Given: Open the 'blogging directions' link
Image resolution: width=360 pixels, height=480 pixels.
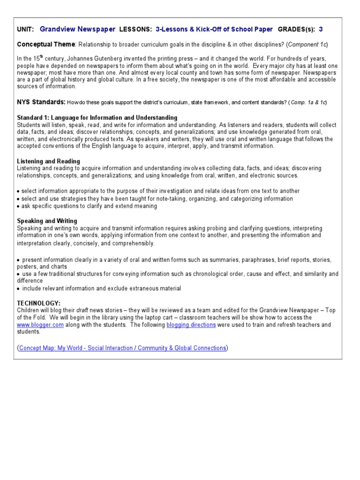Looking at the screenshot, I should (191, 325).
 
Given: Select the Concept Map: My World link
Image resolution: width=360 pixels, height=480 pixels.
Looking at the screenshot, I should (122, 348).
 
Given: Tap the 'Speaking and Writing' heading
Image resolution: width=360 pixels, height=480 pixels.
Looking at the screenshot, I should (47, 221).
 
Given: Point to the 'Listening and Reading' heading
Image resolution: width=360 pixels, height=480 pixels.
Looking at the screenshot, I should (48, 161).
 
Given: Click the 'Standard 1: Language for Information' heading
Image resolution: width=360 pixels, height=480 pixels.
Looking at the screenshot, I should (97, 117).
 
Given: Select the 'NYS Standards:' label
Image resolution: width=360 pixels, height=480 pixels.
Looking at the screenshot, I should (41, 102).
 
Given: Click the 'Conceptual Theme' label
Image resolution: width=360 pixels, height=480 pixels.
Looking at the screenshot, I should (46, 44).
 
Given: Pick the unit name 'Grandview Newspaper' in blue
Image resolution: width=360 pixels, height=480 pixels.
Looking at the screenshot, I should (78, 29).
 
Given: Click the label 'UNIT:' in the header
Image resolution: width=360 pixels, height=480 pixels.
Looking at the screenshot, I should (25, 30).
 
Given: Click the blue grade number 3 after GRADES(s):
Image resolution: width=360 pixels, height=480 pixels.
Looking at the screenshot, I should (321, 29).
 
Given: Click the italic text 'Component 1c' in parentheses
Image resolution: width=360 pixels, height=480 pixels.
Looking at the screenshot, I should (307, 45).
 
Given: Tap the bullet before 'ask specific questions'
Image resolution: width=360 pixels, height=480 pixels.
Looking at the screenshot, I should (18, 206).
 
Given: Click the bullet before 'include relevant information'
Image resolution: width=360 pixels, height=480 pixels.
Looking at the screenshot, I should (18, 289).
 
